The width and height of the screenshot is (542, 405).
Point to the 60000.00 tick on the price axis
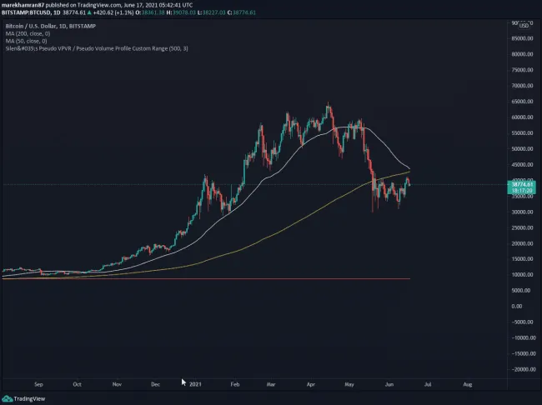tap(522, 117)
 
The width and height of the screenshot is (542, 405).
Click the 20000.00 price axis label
tap(522, 243)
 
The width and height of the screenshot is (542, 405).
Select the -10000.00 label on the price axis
tap(522, 337)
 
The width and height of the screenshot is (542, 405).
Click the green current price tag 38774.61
tap(522, 184)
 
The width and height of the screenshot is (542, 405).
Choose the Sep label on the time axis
tap(39, 384)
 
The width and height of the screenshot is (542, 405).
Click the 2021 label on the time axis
tap(196, 384)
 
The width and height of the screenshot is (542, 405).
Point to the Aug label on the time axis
tap(467, 384)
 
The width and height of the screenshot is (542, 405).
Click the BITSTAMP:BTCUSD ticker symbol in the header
tap(31, 12)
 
